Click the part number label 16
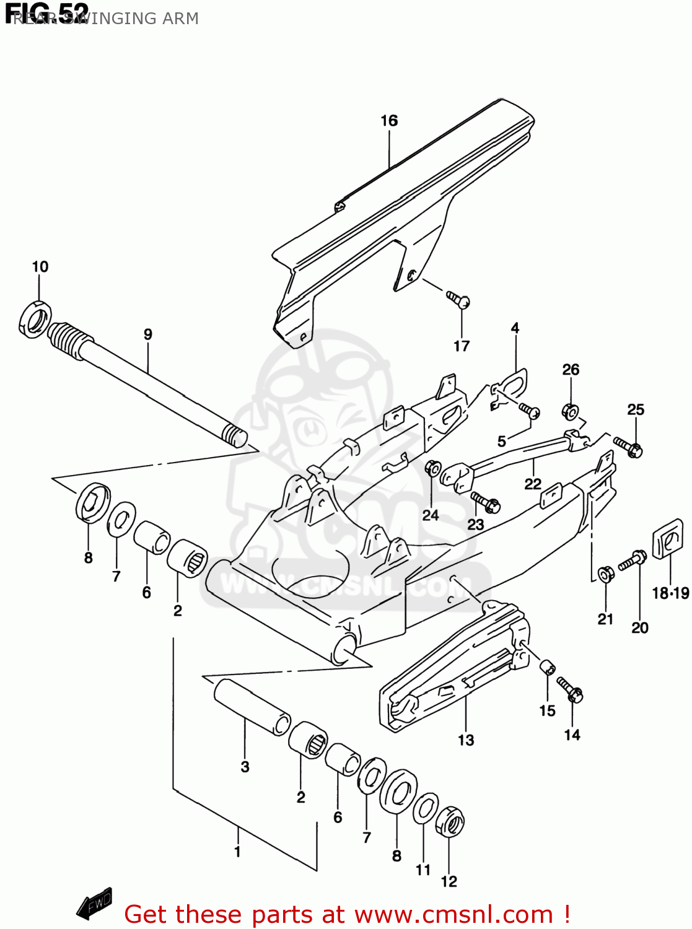pos(388,121)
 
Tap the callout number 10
pos(40,266)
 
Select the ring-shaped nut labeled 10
pos(34,320)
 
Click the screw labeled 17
pos(459,300)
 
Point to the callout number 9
pos(147,334)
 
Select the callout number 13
pos(465,740)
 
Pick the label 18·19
pos(670,593)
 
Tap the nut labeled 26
pos(570,411)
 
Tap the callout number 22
pos(532,484)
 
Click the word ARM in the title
pos(180,19)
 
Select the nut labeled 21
pos(605,574)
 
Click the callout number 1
pos(237,852)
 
